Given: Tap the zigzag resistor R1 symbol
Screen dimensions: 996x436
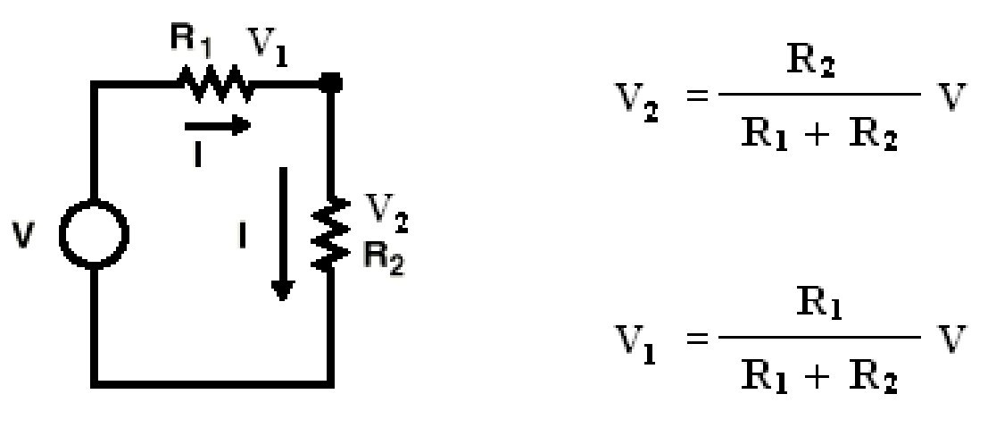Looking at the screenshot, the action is [215, 83].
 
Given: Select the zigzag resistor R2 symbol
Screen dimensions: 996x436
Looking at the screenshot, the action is [329, 234].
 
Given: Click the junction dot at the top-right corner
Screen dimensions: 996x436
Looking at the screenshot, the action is [330, 82].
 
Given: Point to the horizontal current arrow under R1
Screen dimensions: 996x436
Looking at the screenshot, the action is [217, 125].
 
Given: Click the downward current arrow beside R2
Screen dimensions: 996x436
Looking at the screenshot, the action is [283, 233].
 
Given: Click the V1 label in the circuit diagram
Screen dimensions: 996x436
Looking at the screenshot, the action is [267, 46].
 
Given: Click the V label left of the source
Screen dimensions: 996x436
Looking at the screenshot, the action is [22, 236].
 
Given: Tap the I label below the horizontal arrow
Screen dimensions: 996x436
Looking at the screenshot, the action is [198, 154].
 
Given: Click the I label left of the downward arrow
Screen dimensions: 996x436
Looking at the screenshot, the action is [242, 237].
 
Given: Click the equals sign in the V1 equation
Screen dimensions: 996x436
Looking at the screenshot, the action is [698, 338].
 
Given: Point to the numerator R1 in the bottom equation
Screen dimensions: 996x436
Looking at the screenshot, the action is [819, 305].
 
